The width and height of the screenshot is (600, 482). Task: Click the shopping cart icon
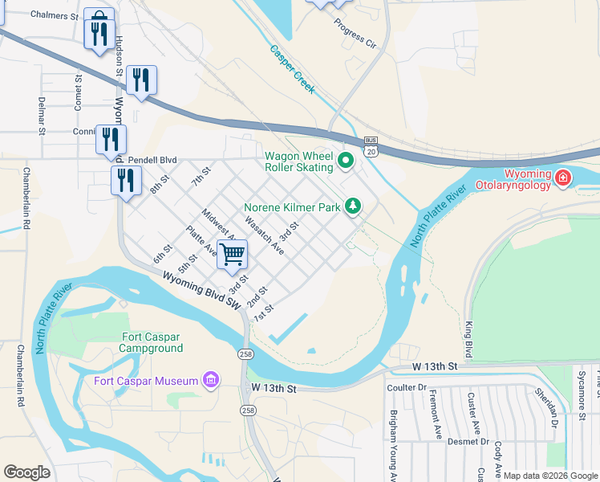click(232, 255)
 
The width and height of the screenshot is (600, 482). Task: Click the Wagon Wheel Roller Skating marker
click(346, 161)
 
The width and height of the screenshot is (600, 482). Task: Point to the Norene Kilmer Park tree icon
click(352, 207)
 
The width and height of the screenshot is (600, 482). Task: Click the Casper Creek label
click(292, 69)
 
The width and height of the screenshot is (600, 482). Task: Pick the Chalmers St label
click(55, 15)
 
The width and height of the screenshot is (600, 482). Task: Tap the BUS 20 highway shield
click(370, 146)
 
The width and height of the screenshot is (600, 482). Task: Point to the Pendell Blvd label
click(152, 160)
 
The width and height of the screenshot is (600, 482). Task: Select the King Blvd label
click(468, 339)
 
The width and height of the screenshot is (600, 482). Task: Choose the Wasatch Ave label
click(264, 236)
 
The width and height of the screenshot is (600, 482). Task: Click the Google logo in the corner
click(26, 472)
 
